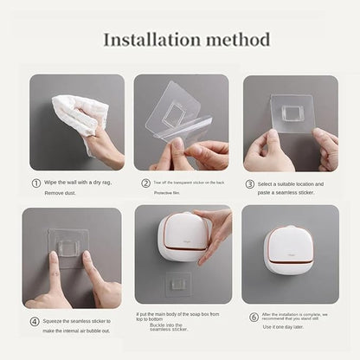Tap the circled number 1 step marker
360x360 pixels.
click(x=35, y=183)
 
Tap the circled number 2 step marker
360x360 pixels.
click(x=145, y=183)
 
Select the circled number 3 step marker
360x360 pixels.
click(x=249, y=183)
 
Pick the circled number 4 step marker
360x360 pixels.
click(x=35, y=321)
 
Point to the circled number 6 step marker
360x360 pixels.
click(x=253, y=317)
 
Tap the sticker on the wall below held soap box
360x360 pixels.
click(x=178, y=283)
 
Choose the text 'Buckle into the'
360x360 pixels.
click(x=168, y=323)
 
